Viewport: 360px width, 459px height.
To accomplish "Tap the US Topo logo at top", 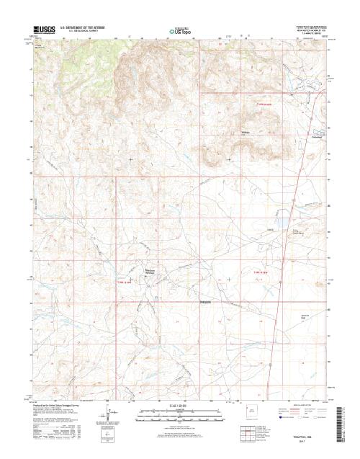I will tap(180, 32).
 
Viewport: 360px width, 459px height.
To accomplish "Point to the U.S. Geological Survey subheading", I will tap(84, 32).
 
